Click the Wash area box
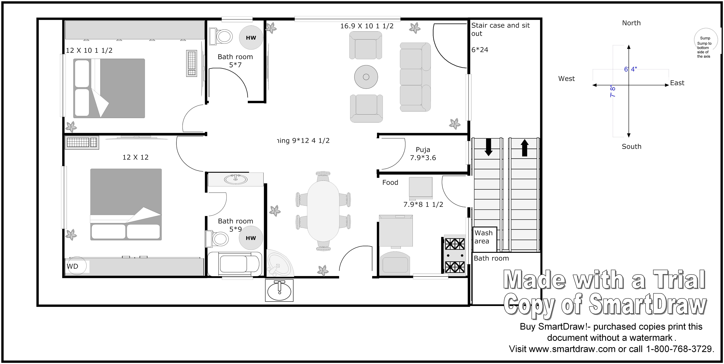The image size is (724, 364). (485, 239)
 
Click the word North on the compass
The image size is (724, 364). (631, 23)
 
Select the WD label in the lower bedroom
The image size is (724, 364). (73, 266)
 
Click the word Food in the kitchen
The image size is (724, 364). (390, 183)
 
